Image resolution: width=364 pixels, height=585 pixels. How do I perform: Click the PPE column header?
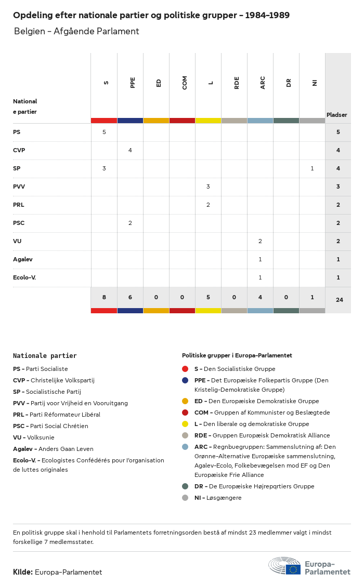click(x=133, y=82)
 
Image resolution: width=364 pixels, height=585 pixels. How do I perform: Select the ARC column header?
click(x=263, y=82)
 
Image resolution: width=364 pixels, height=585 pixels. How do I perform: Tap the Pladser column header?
click(x=337, y=115)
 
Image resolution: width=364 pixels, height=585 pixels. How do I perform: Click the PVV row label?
click(x=19, y=187)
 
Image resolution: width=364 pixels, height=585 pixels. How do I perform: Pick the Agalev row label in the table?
click(x=23, y=259)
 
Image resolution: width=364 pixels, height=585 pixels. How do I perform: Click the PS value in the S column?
click(x=104, y=132)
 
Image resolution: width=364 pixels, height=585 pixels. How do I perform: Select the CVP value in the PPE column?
click(x=130, y=150)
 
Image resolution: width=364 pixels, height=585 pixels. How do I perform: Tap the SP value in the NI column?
click(x=312, y=168)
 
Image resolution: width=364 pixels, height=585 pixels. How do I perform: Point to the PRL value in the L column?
click(x=208, y=205)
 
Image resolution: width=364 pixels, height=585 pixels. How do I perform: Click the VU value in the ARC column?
click(x=260, y=241)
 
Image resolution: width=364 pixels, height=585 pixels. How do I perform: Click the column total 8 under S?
click(x=104, y=297)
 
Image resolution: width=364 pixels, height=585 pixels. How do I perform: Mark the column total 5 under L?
click(x=208, y=297)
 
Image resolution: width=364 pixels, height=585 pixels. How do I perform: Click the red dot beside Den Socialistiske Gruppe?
click(x=185, y=369)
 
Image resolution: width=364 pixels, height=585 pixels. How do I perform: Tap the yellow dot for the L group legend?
click(x=185, y=424)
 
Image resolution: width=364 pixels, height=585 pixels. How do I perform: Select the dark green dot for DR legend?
click(x=185, y=486)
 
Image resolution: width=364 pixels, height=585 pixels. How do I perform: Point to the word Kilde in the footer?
click(x=23, y=572)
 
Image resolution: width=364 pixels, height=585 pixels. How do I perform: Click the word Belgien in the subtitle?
click(x=30, y=31)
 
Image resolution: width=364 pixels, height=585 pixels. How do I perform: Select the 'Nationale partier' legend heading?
click(x=45, y=356)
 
